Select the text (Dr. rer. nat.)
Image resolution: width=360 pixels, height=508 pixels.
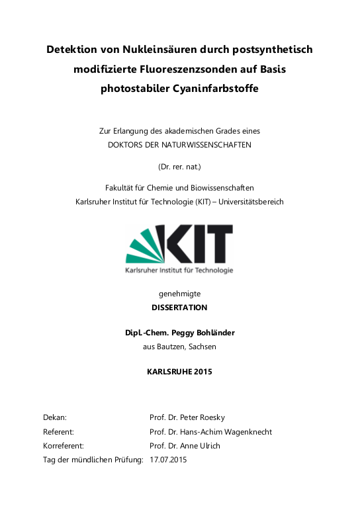[x=179, y=167]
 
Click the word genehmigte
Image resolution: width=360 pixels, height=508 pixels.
[x=179, y=293]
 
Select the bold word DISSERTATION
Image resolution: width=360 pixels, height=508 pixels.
[x=179, y=308]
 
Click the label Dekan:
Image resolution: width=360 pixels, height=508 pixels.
[x=54, y=418]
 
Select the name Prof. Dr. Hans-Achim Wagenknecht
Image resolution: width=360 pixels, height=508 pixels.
[x=210, y=432]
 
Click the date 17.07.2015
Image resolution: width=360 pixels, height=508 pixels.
[x=168, y=460]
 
